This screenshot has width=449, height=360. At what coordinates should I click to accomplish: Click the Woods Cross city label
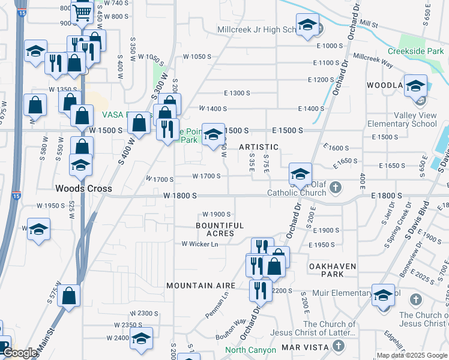point(83,188)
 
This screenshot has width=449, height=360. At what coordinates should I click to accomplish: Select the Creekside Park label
point(416,52)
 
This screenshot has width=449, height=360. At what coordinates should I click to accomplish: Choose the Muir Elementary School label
point(366,293)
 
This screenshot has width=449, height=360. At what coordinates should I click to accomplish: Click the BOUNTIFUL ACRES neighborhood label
point(220,229)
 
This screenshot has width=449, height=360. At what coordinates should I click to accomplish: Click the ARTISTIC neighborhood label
point(259,147)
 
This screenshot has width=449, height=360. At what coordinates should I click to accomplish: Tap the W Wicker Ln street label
point(200,244)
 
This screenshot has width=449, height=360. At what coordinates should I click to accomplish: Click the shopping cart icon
point(82,12)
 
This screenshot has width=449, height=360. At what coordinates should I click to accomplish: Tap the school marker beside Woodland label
point(415,86)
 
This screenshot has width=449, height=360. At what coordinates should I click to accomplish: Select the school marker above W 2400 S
point(141,340)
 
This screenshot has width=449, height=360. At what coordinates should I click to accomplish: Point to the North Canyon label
point(250,350)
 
